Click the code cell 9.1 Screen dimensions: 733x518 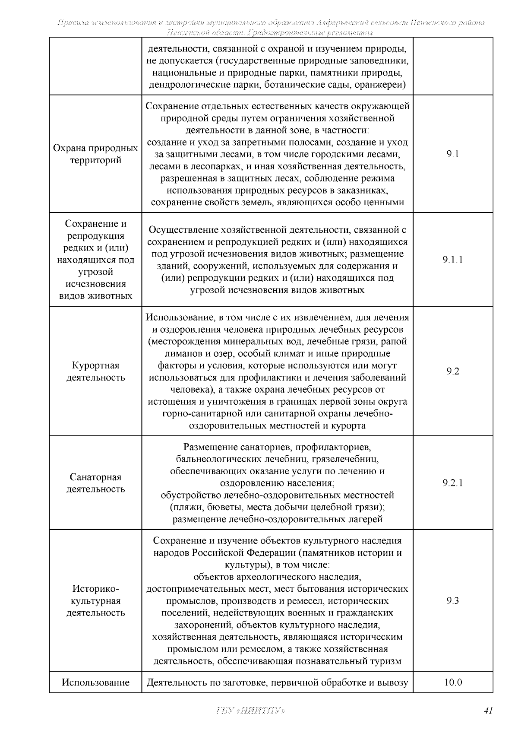tap(453, 154)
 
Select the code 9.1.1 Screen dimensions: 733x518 tap(453, 260)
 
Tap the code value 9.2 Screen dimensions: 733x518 tap(453, 371)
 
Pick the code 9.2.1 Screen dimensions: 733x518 tap(453, 483)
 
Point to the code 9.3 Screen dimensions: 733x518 tap(453, 601)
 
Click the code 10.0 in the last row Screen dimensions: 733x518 tap(453, 682)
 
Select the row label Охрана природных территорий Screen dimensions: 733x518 tap(95, 154)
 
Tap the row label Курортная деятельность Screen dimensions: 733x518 tap(95, 371)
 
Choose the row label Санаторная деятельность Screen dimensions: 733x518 tap(95, 483)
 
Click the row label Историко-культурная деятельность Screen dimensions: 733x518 tap(95, 601)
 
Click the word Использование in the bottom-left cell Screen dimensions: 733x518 tap(95, 682)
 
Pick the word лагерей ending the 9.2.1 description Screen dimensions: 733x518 tap(366, 519)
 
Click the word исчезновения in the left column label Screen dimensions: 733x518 tap(95, 284)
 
